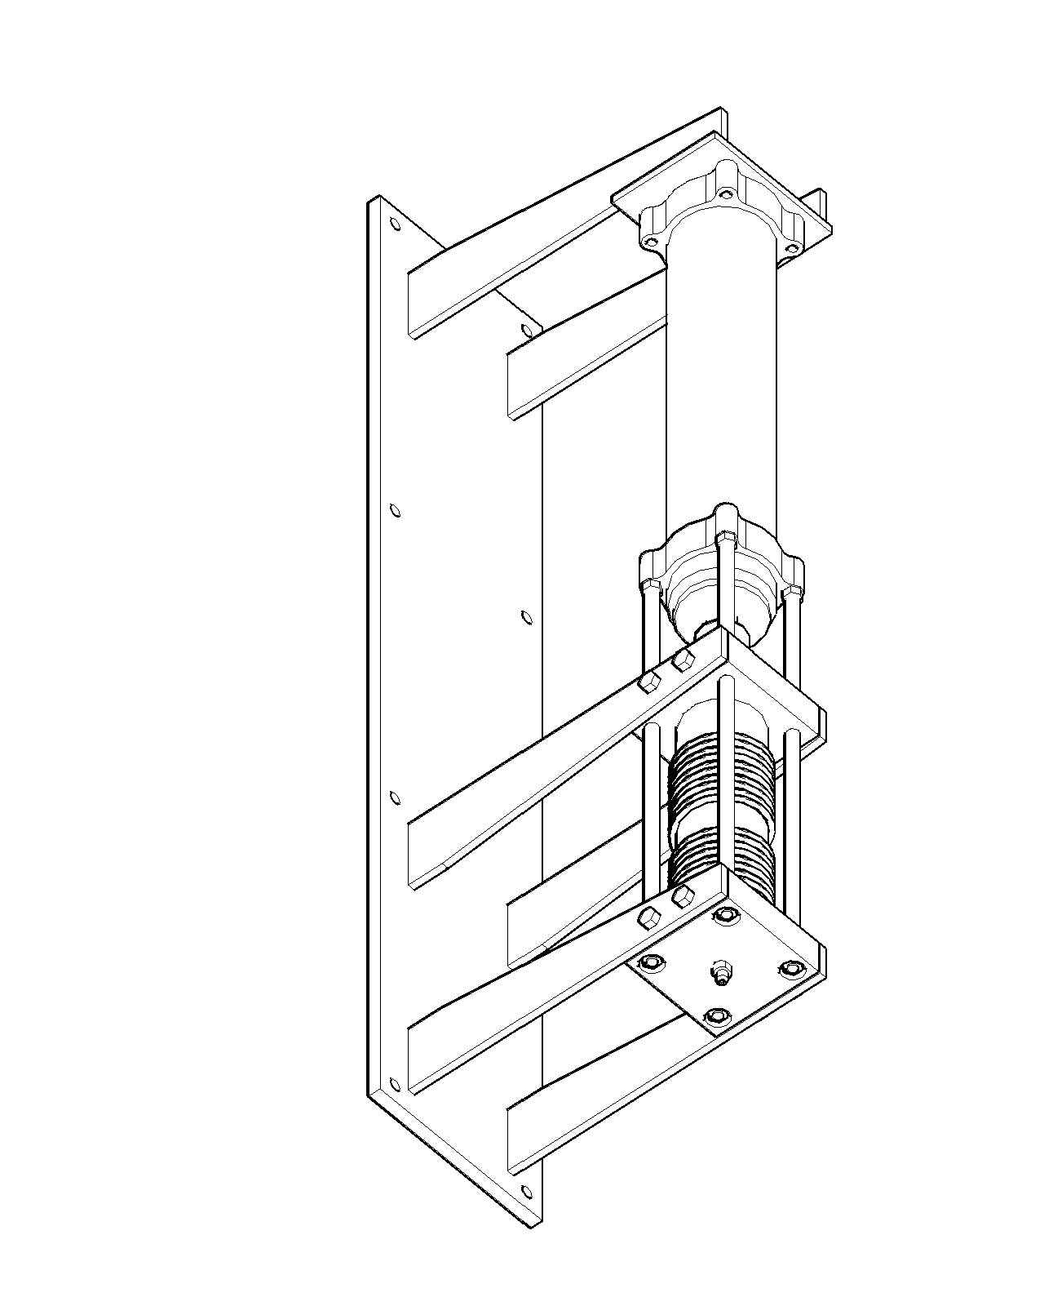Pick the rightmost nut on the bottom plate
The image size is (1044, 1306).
789,969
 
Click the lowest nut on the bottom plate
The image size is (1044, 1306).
716,1016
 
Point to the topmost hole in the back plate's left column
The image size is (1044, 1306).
396,224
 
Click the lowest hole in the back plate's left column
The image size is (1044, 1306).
396,1084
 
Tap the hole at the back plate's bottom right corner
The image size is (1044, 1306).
526,1189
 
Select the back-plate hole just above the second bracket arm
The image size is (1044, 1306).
526,331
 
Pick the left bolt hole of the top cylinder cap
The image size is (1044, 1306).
649,242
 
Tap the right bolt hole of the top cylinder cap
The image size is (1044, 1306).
790,248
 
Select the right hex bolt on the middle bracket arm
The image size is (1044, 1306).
683,660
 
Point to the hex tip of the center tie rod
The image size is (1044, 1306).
724,536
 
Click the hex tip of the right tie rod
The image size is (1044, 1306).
792,589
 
